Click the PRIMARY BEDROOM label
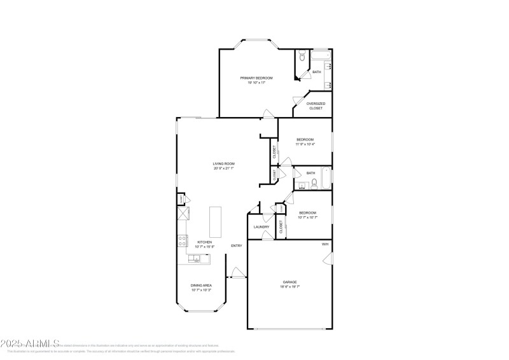coord(252,78)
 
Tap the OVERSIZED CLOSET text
coord(316,106)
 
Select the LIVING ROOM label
coord(223,164)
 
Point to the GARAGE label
coord(290,282)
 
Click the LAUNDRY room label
coord(261,227)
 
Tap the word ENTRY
coord(237,246)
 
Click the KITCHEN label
coord(204,242)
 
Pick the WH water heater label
coord(324,244)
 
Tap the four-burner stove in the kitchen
coord(182,240)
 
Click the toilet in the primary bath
coord(302,57)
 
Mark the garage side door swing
coord(327,258)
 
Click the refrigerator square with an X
coord(183,213)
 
